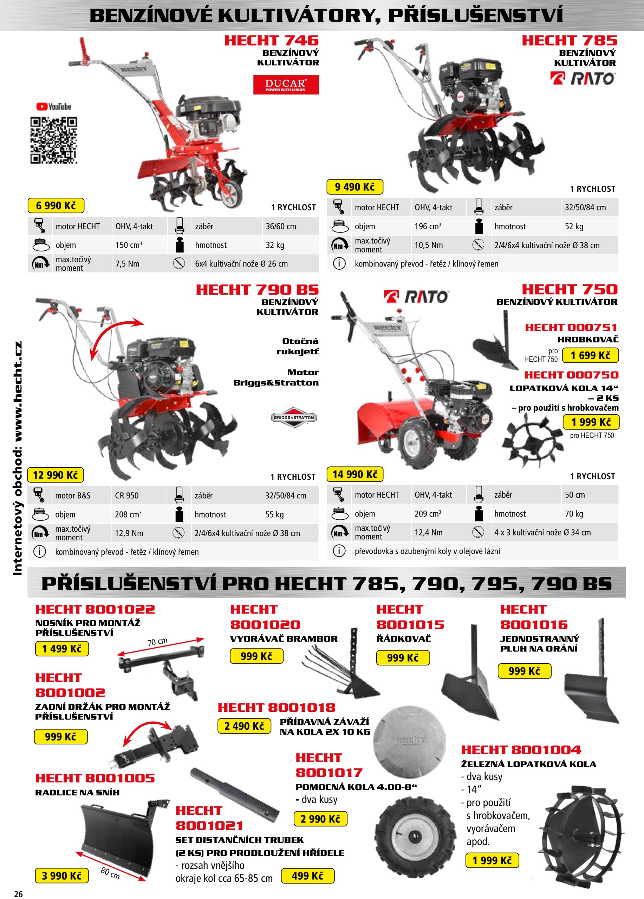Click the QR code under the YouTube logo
tap(53, 140)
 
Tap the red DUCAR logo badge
tap(286, 85)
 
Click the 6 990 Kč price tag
tap(56, 205)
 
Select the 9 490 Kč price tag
tap(355, 187)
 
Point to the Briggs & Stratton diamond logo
tap(294, 418)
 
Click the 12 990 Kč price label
tap(56, 474)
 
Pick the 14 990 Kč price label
tap(355, 474)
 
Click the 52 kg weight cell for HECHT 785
tap(574, 227)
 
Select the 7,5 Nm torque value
tap(127, 264)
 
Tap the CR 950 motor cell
tap(127, 496)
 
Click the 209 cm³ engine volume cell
tap(428, 514)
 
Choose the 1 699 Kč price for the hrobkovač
tap(591, 355)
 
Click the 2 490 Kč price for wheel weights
tap(244, 726)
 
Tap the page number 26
tap(18, 894)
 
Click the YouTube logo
tap(53, 107)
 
